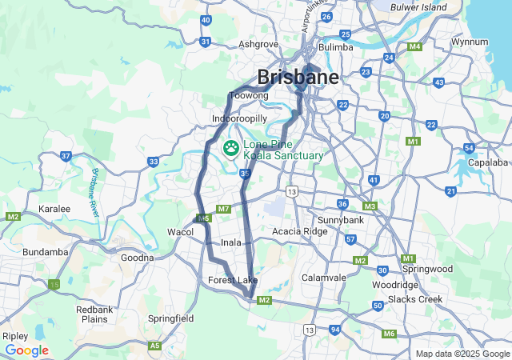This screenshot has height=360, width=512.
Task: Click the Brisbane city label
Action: pyautogui.click(x=298, y=77)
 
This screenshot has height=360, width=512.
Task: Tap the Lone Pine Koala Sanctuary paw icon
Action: pyautogui.click(x=232, y=147)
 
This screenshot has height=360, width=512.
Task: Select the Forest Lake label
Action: pyautogui.click(x=233, y=280)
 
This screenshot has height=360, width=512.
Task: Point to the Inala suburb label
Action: pyautogui.click(x=231, y=242)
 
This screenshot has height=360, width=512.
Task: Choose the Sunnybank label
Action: pyautogui.click(x=341, y=219)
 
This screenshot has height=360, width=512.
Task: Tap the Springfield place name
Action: pyautogui.click(x=170, y=318)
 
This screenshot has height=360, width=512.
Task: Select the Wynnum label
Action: pyautogui.click(x=470, y=41)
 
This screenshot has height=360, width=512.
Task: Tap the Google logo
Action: pyautogui.click(x=26, y=350)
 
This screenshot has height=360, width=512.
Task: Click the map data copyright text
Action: pyautogui.click(x=462, y=354)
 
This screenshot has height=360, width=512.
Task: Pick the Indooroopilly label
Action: pyautogui.click(x=238, y=118)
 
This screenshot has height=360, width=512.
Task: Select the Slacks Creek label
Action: pyautogui.click(x=415, y=299)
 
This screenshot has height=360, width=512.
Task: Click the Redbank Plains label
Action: pyautogui.click(x=94, y=314)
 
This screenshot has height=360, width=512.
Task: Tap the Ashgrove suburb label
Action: pyautogui.click(x=258, y=45)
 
